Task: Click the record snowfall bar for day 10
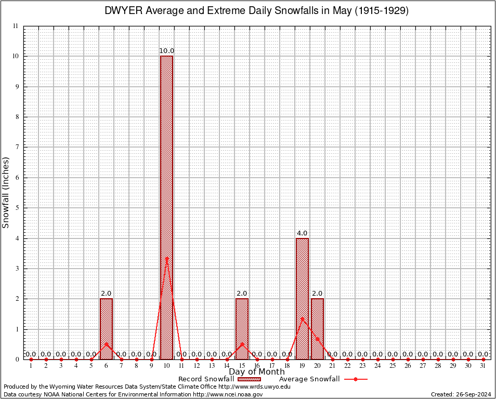(x=166, y=208)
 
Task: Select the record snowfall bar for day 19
(x=302, y=299)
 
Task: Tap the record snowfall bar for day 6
(x=106, y=329)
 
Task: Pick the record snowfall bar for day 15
(x=242, y=329)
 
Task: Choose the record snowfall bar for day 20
(x=317, y=329)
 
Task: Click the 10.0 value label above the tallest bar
(x=166, y=51)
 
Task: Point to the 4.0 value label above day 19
(x=302, y=233)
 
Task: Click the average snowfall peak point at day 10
(x=166, y=258)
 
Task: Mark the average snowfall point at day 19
(x=302, y=318)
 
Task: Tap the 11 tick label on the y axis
(x=16, y=26)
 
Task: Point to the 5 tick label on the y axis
(x=17, y=208)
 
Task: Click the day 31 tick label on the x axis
(x=484, y=366)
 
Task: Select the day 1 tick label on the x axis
(x=31, y=366)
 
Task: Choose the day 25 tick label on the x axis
(x=393, y=366)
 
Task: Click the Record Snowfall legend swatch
(x=248, y=379)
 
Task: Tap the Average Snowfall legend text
(x=309, y=379)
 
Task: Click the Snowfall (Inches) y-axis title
(x=6, y=192)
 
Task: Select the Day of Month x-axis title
(x=257, y=372)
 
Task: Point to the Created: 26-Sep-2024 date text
(x=461, y=395)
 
